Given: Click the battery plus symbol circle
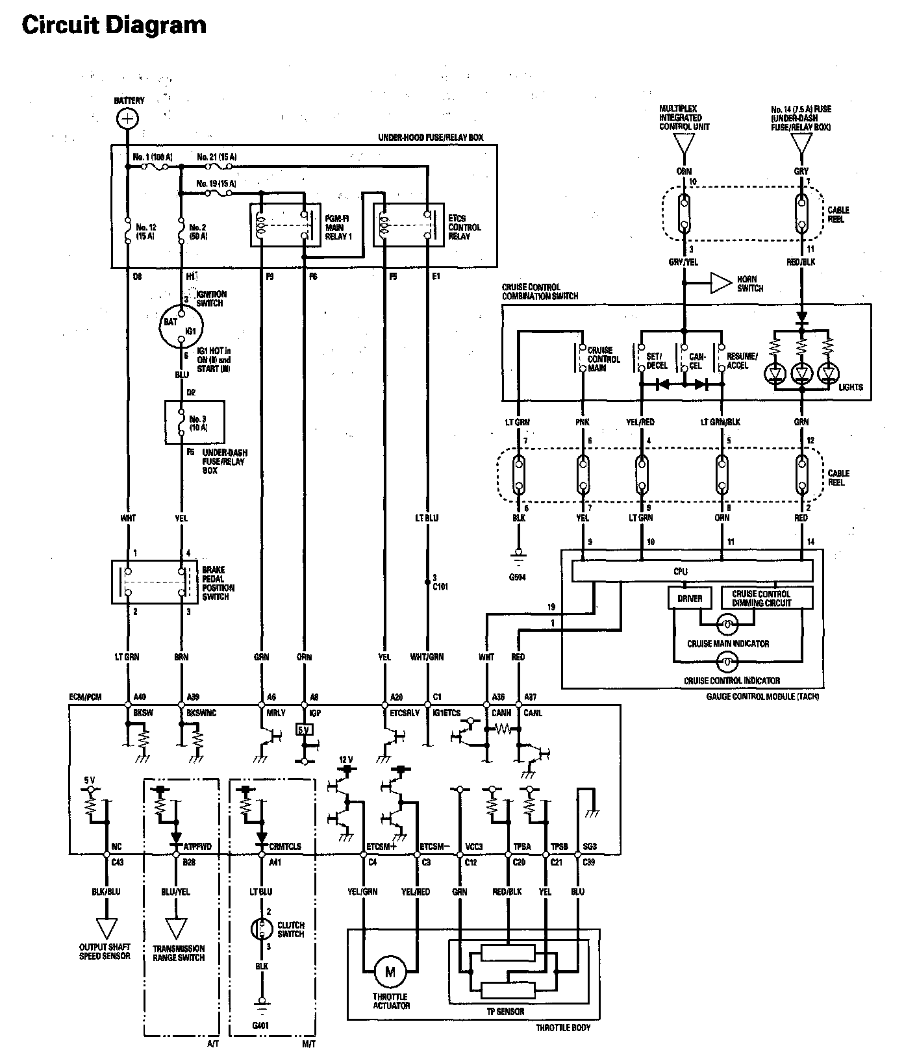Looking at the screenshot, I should tap(128, 118).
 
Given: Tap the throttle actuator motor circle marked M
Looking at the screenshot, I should tap(390, 971).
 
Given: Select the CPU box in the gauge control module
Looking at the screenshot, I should tap(692, 571).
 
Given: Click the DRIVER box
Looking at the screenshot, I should tap(689, 598).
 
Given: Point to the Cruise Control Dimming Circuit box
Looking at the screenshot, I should tap(761, 598).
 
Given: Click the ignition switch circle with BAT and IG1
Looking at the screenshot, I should tap(181, 326).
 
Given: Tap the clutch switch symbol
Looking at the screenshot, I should tap(262, 929).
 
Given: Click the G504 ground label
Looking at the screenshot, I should tap(518, 577).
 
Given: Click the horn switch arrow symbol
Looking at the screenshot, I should tap(720, 283).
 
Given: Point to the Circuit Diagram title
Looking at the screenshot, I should tap(114, 25).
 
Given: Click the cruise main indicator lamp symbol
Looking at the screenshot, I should tap(727, 626).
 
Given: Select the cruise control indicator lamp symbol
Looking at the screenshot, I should tap(727, 663).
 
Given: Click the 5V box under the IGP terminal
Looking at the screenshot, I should tap(303, 729).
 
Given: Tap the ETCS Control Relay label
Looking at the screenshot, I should tap(464, 227).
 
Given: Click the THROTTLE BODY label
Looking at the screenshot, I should tap(563, 1028).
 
